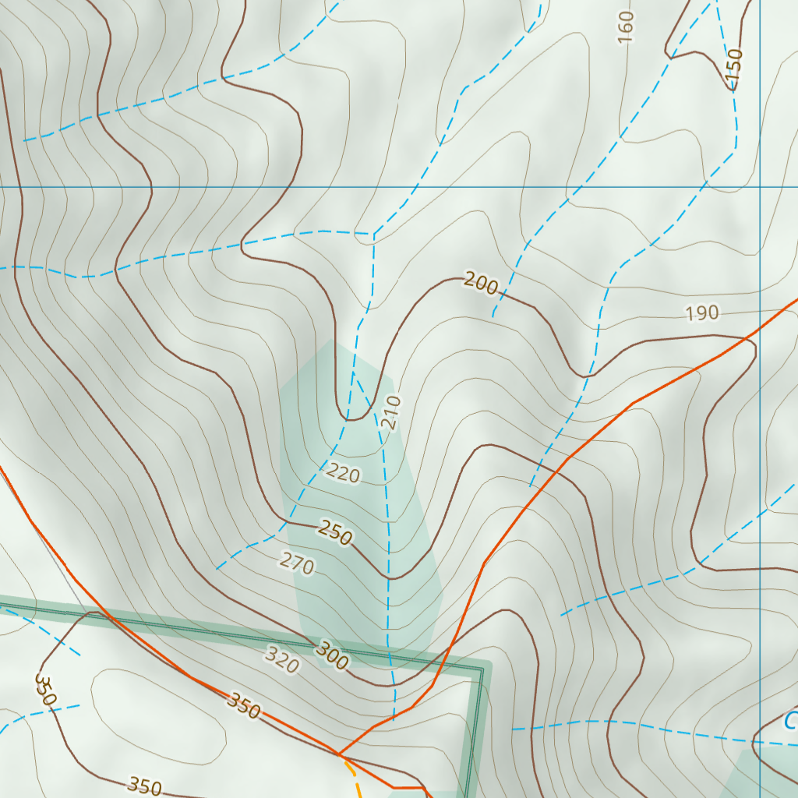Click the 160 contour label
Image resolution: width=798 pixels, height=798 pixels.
click(x=626, y=26)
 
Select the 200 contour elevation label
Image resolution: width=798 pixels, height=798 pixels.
click(x=480, y=284)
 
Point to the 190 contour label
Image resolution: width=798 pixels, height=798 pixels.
click(x=701, y=313)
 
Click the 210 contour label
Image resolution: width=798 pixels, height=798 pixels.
click(x=392, y=412)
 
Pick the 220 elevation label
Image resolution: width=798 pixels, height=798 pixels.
click(x=344, y=472)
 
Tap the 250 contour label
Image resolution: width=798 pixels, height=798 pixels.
click(x=336, y=534)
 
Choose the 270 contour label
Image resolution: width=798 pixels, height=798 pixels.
click(x=297, y=563)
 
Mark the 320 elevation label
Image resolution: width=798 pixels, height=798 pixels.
click(x=281, y=660)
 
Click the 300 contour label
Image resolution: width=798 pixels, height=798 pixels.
click(x=333, y=655)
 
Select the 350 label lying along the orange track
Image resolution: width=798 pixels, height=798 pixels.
click(x=243, y=704)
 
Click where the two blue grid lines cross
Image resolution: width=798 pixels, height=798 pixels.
click(x=760, y=187)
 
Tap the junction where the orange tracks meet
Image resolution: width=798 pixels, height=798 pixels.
click(x=339, y=754)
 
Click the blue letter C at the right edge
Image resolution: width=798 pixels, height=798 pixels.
click(x=791, y=721)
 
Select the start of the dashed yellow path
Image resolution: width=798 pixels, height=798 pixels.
click(x=346, y=762)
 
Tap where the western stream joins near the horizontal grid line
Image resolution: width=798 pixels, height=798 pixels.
click(x=373, y=234)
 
